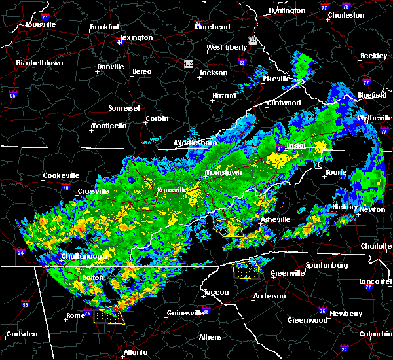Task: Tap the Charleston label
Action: tap(345, 15)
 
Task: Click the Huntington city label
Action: tap(287, 11)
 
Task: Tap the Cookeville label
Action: tap(61, 175)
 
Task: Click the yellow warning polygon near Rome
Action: tap(109, 316)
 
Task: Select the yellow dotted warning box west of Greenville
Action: tap(246, 270)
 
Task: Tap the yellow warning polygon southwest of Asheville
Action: tap(229, 227)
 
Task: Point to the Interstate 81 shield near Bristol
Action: tap(280, 149)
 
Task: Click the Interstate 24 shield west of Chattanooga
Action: tap(20, 252)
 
